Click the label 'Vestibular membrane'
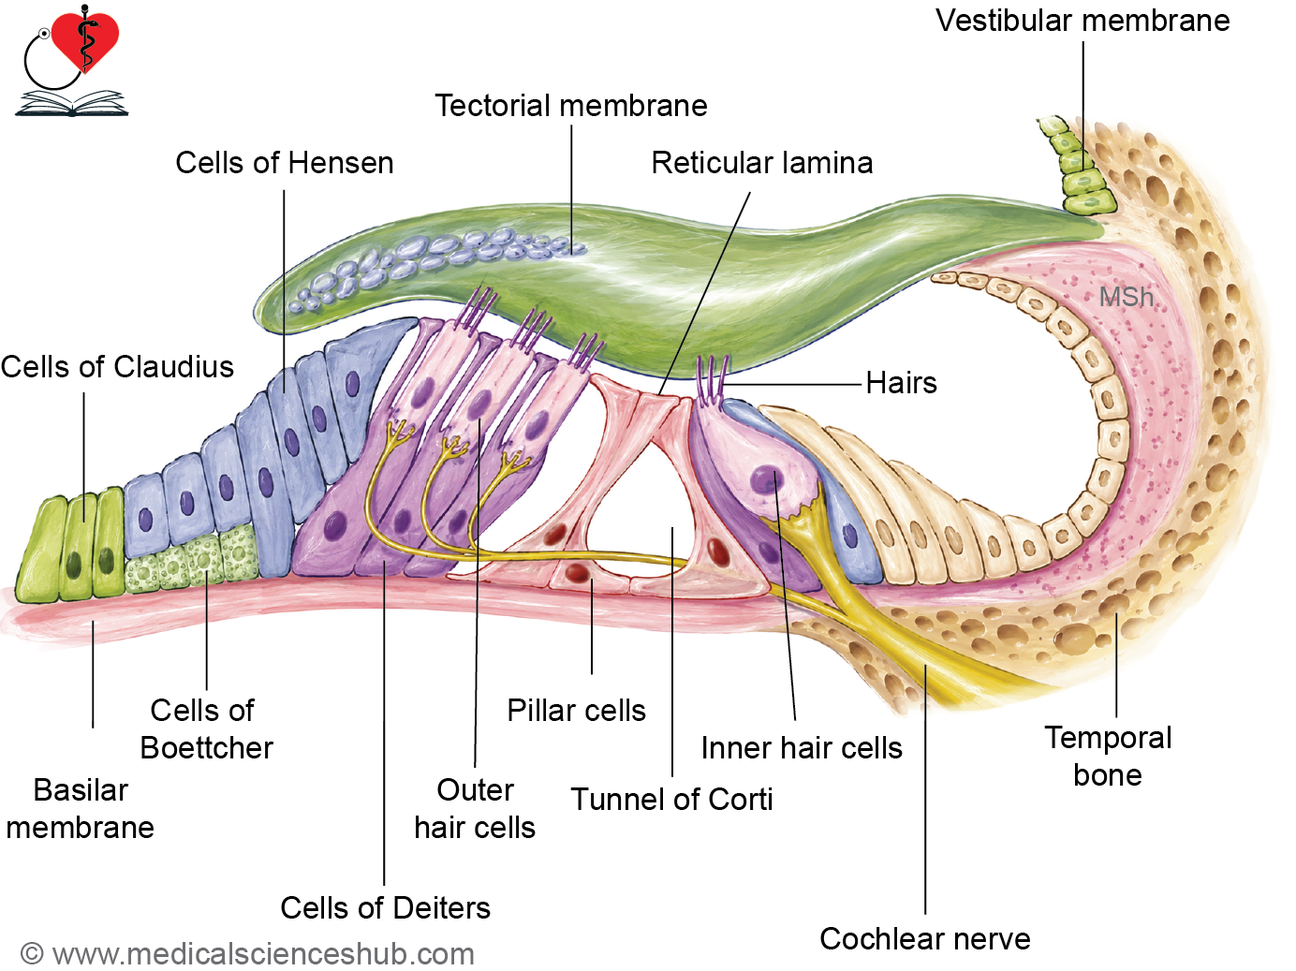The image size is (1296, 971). tap(1082, 21)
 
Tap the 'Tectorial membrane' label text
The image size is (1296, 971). tap(571, 106)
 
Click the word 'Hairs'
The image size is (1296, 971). tap(901, 382)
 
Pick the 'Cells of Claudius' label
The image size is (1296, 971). tap(117, 366)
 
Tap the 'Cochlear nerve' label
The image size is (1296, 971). tap(924, 938)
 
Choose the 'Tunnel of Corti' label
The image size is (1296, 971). tap(672, 800)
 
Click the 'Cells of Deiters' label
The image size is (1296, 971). tap(385, 907)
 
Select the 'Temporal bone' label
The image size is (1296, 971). tap(1108, 757)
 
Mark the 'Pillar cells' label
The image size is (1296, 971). tap(576, 710)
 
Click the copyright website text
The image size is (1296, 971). tap(247, 954)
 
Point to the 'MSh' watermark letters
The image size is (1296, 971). tap(1126, 297)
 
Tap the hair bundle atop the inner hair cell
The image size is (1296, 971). tap(712, 380)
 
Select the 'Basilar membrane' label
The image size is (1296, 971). tap(81, 809)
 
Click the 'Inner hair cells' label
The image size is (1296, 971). tap(802, 748)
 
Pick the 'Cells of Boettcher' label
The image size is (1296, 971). tap(206, 729)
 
